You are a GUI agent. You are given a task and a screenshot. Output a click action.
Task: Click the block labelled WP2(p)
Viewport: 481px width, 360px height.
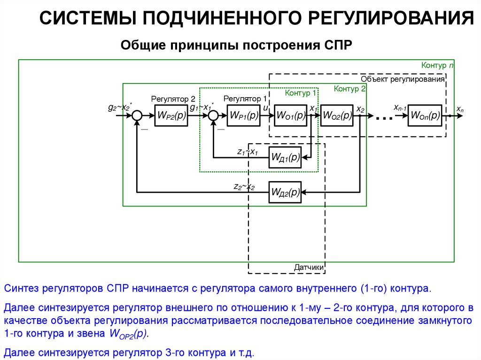click(171, 115)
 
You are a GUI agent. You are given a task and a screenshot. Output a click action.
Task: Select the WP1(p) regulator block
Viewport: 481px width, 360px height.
click(244, 115)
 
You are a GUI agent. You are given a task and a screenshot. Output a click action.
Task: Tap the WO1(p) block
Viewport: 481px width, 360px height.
click(291, 115)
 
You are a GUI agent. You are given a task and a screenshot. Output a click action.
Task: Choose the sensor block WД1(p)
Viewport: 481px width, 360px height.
click(285, 157)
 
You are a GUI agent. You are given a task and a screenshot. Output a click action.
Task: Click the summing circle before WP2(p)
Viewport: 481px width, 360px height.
click(137, 115)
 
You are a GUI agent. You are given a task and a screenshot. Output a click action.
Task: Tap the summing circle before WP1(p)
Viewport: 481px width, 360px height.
click(214, 115)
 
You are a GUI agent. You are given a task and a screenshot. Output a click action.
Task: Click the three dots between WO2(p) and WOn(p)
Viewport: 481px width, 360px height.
click(384, 118)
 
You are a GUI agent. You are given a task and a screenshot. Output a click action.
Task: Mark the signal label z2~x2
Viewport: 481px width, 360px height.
click(244, 187)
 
